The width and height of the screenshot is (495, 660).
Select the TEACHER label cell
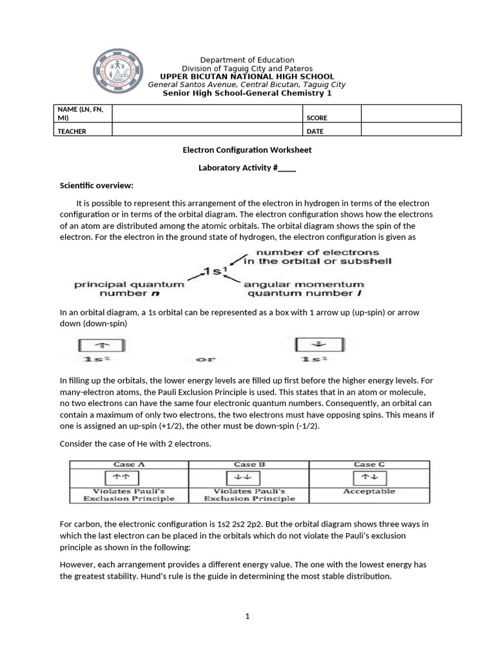72,131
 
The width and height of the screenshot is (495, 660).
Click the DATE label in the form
315,131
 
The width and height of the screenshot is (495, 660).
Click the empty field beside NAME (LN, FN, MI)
207,114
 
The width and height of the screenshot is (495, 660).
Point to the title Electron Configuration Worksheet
247,150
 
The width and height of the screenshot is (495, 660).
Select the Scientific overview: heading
97,186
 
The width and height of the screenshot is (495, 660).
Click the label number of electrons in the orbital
316,257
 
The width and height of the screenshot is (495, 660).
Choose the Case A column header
129,464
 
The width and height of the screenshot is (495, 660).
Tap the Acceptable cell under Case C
369,491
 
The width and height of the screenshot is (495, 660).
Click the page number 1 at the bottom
247,616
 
